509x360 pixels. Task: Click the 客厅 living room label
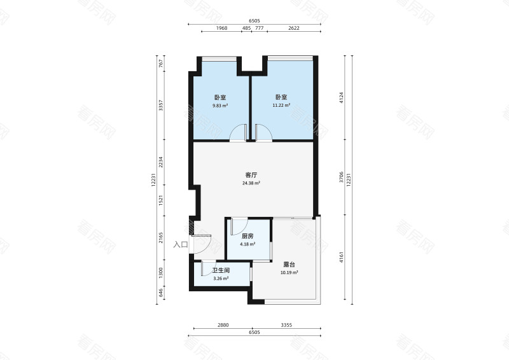251,175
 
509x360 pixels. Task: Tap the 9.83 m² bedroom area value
220,106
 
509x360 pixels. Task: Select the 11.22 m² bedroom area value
281,106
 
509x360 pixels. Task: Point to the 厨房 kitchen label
248,237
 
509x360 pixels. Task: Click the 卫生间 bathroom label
221,270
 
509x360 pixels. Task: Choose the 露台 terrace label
289,265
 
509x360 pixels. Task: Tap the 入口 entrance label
181,244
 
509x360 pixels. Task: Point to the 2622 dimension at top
294,28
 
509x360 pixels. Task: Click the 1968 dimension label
221,28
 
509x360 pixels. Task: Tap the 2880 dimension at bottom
223,325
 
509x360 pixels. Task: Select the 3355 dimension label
286,325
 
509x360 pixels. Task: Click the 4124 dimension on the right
341,98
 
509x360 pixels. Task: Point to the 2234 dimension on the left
161,162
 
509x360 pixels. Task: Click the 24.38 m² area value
251,183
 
